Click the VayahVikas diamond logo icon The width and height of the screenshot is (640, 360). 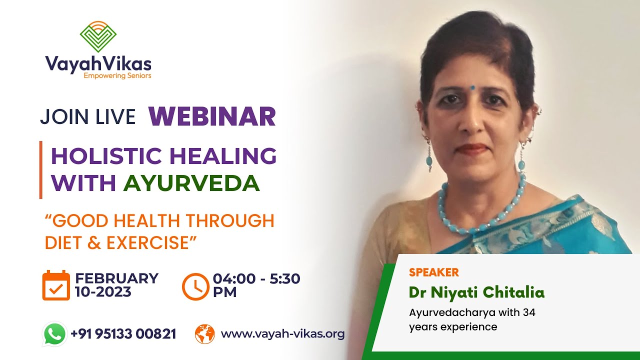coord(98,36)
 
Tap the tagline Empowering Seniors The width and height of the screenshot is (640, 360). coord(117,76)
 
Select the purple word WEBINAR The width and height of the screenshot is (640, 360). coord(212,116)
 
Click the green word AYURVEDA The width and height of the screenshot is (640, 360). coord(191,183)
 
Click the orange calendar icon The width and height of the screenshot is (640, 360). coord(55,285)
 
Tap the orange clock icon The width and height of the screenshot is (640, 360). coord(195,286)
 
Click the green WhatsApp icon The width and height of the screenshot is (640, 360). coord(55,334)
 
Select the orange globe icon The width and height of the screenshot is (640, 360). coord(204,334)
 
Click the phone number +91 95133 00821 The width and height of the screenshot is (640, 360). coord(123,334)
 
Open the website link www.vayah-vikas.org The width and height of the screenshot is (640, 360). coord(282,334)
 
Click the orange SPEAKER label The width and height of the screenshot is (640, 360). coord(433,272)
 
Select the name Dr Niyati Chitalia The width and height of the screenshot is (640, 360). coord(476,292)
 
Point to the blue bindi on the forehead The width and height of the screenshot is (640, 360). coord(472,87)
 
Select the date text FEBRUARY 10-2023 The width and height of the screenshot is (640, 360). coord(116,285)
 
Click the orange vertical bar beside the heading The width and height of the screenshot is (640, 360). coord(40,170)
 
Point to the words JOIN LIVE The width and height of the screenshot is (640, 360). coord(88,116)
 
